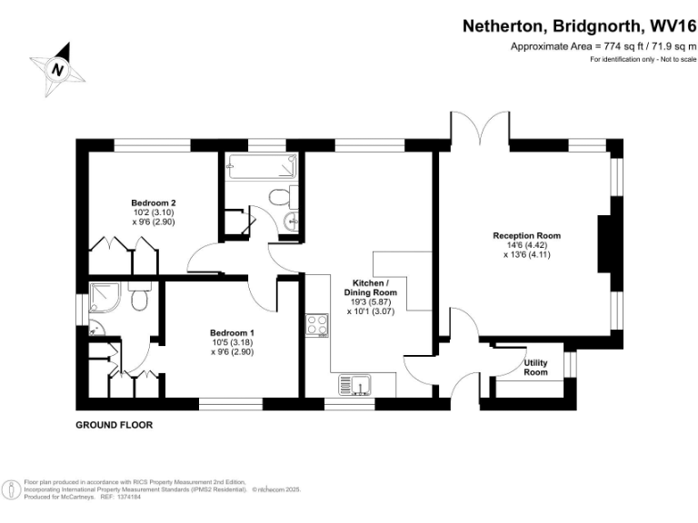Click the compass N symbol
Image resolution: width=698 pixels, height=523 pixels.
[x=57, y=68]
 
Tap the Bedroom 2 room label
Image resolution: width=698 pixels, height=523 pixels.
[x=153, y=202]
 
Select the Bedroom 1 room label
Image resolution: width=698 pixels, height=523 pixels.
[x=231, y=333]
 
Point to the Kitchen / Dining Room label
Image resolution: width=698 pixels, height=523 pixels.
[x=370, y=288]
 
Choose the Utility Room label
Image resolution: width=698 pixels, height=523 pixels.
[x=535, y=368]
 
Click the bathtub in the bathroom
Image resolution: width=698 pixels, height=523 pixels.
[x=262, y=167]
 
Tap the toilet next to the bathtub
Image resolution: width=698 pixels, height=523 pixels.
[x=280, y=195]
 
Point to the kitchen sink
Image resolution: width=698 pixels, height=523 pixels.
[x=356, y=386]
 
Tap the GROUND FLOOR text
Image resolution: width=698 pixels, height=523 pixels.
[x=114, y=424]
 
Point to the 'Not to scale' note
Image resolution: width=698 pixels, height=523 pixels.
[x=672, y=60]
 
